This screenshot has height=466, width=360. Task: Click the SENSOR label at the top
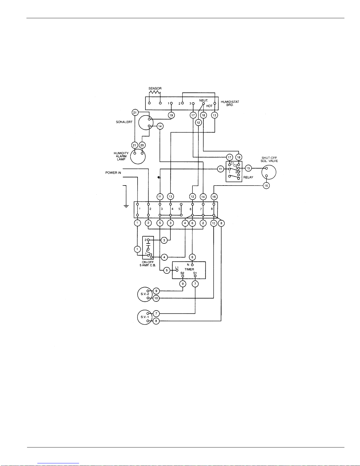(x=155, y=88)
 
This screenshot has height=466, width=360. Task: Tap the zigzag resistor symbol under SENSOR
(x=155, y=92)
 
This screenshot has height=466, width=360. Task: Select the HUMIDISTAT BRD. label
(x=230, y=103)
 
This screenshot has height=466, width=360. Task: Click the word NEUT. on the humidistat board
(x=204, y=100)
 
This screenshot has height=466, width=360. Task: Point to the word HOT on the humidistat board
(x=209, y=106)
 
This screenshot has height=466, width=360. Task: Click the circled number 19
(x=171, y=115)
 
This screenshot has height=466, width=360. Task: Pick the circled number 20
(x=142, y=145)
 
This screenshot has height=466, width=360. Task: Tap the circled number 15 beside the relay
(x=248, y=168)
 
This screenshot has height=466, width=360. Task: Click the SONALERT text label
(x=124, y=122)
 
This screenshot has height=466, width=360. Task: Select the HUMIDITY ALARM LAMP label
(x=121, y=156)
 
